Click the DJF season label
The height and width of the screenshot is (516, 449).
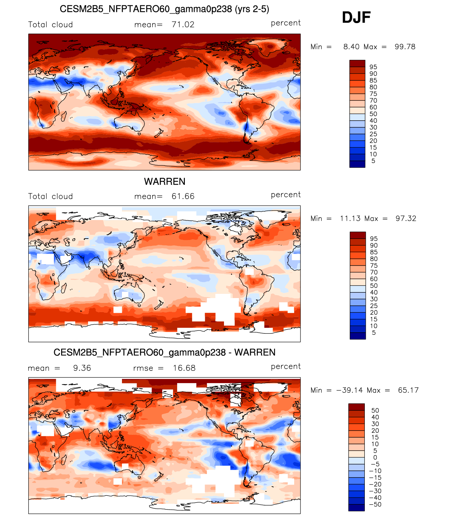point(356,17)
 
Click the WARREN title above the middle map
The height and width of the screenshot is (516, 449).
point(165,182)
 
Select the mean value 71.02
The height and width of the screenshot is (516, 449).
point(183,24)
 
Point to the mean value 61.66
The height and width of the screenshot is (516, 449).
point(183,196)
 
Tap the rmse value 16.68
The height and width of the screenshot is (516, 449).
point(184,368)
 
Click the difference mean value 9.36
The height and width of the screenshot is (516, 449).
point(82,368)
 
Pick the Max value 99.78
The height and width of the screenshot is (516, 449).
point(405,47)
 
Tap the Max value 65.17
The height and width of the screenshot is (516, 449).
point(408,390)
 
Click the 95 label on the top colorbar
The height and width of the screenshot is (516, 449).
point(373,67)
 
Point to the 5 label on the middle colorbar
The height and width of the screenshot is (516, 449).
point(374,333)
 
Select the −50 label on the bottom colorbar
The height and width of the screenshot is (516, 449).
point(375,504)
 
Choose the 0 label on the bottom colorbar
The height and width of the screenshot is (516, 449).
point(375,457)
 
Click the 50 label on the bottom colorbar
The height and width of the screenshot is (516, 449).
point(375,410)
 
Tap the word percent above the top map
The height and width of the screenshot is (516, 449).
point(285,23)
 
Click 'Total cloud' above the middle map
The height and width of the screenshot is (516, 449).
point(50,196)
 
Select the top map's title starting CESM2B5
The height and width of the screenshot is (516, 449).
point(164,9)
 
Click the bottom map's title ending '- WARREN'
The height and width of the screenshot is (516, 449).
point(164,352)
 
